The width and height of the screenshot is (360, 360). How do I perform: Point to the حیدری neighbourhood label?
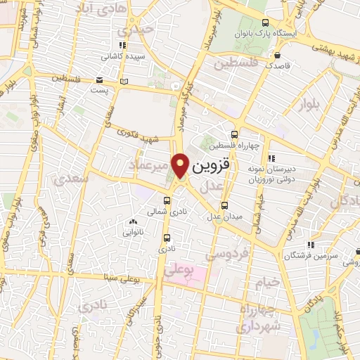136,30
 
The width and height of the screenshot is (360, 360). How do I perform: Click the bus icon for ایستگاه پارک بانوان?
264,22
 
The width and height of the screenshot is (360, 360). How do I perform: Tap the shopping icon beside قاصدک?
279,55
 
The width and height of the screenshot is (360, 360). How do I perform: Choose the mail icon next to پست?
99,80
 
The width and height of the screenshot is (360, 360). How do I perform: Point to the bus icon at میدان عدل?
224,205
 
